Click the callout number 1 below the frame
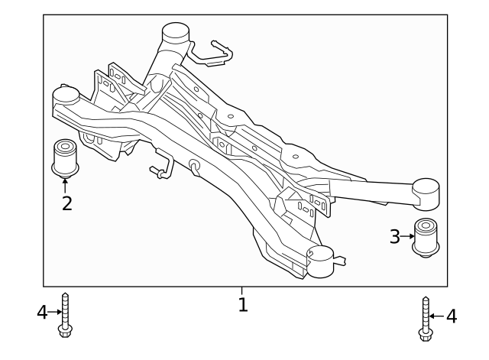[x=242, y=305]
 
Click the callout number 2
[x=66, y=203]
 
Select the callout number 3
[x=395, y=237]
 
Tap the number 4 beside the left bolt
[x=43, y=312]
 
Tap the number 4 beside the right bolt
[x=452, y=316]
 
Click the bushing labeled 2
[x=64, y=156]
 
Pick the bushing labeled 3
[x=426, y=237]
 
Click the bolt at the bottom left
[x=65, y=315]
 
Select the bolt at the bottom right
[x=425, y=318]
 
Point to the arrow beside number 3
[x=407, y=237]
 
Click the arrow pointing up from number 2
[x=65, y=183]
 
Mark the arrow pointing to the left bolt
[x=54, y=312]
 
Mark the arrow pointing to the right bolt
[x=437, y=315]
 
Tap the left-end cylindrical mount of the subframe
[x=66, y=98]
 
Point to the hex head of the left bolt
[x=65, y=330]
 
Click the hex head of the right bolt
[x=425, y=333]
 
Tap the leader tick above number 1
[x=242, y=290]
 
